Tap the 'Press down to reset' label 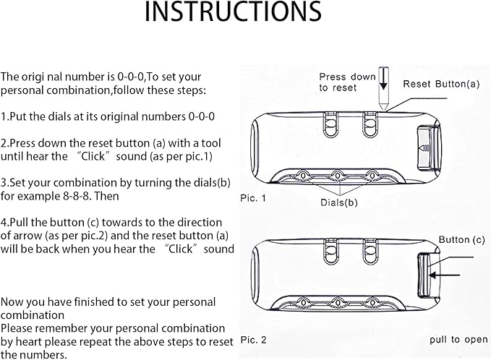[347, 82]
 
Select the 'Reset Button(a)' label [441, 84]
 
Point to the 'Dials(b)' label [339, 202]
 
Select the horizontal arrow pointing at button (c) [450, 275]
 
